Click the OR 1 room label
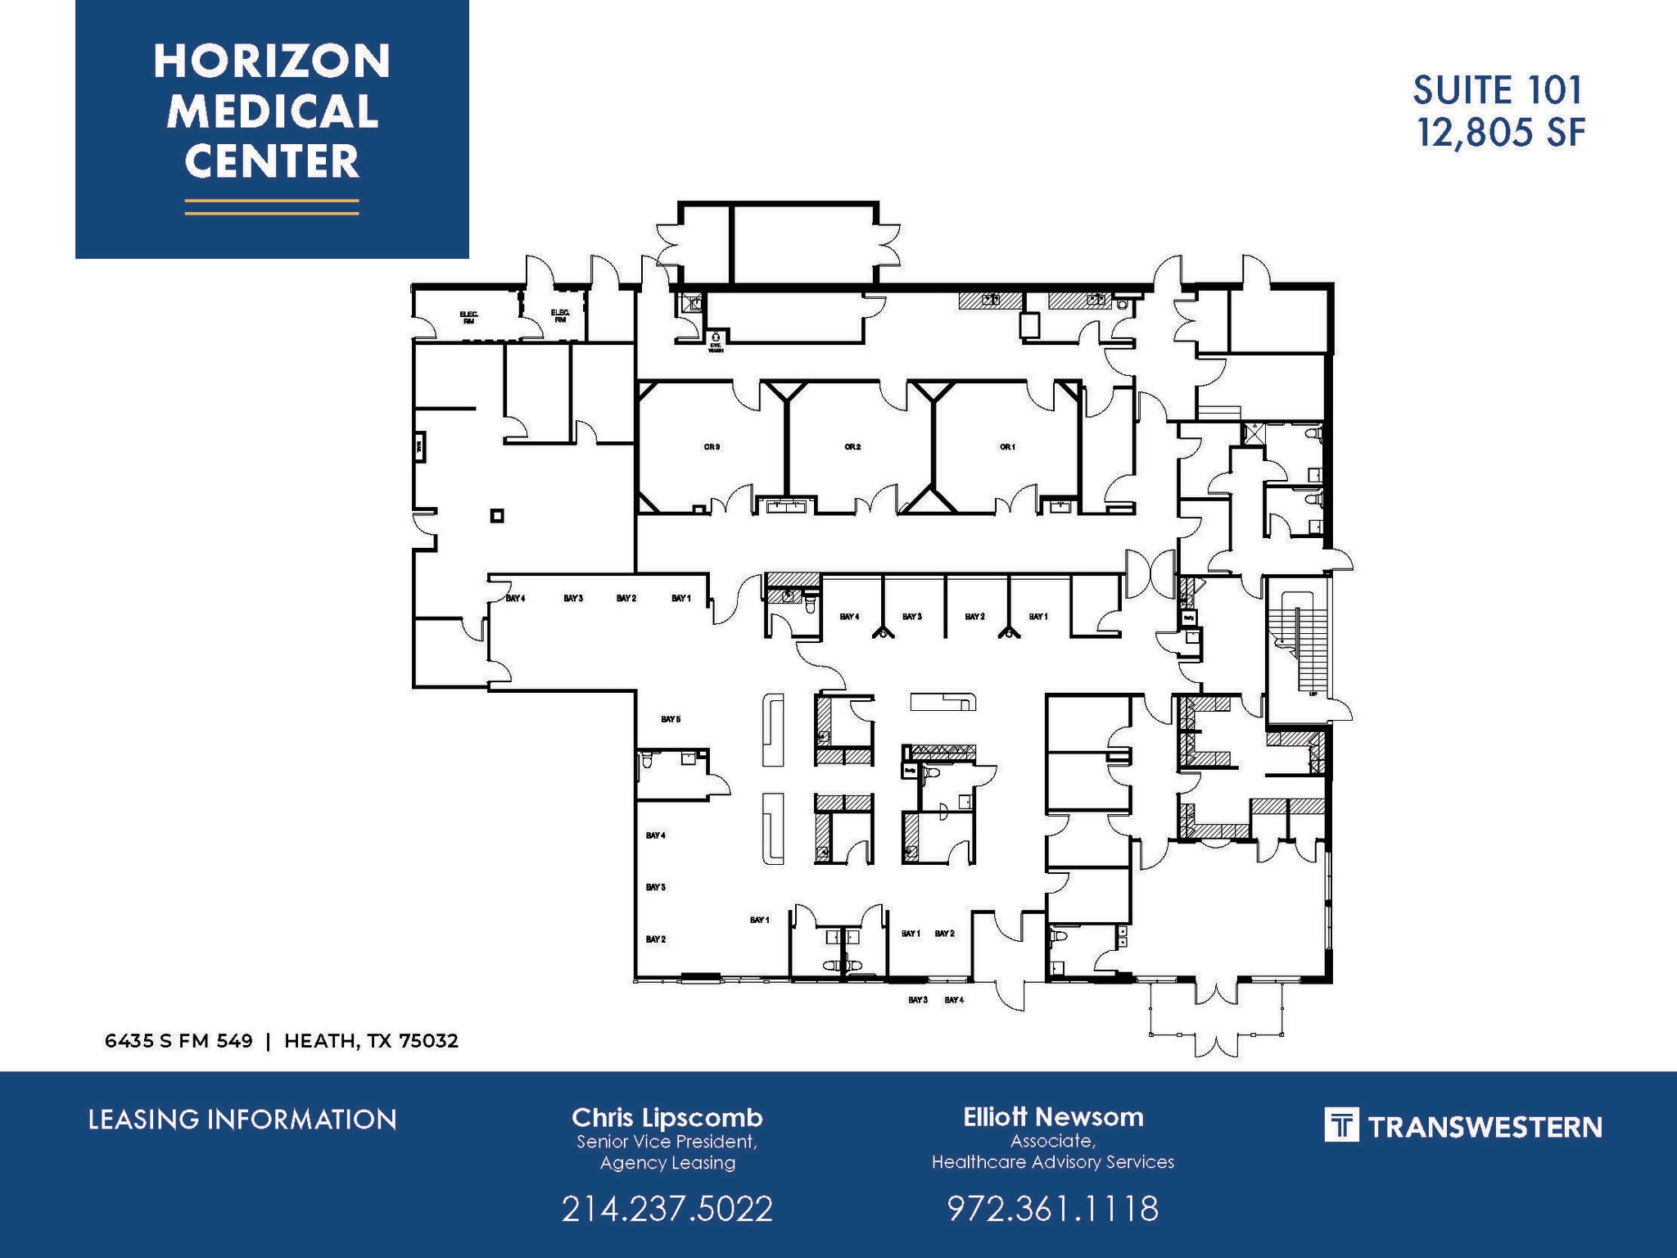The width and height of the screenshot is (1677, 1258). click(x=1007, y=447)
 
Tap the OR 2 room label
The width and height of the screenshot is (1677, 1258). click(x=852, y=447)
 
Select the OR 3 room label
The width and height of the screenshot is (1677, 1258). click(x=712, y=447)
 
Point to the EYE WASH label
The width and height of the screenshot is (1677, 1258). click(x=716, y=347)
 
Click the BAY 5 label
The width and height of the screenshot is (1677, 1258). click(x=671, y=719)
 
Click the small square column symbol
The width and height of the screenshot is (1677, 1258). click(x=496, y=515)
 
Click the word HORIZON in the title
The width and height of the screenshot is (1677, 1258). click(x=272, y=62)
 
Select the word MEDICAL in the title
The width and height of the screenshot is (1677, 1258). click(x=272, y=111)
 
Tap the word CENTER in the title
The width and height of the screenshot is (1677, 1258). click(x=272, y=161)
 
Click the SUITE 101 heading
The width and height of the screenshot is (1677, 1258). click(x=1498, y=90)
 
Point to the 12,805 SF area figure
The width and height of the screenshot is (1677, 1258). click(x=1502, y=133)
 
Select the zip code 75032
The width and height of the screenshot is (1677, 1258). click(x=428, y=1041)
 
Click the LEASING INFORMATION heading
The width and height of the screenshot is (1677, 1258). click(x=242, y=1120)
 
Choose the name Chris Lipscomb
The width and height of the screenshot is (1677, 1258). click(x=667, y=1117)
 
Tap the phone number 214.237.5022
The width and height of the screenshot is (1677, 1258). click(x=667, y=1209)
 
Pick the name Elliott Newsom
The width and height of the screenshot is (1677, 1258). click(x=1053, y=1116)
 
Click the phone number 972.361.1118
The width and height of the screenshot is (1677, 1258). click(x=1053, y=1208)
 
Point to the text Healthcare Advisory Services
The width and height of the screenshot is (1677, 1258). click(x=1053, y=1161)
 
